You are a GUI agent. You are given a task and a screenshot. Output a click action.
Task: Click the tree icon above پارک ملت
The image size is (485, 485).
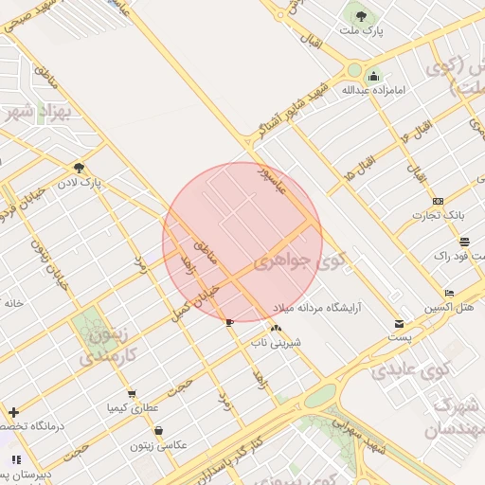[x=360, y=16]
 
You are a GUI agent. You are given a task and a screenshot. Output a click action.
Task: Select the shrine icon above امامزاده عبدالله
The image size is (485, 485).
[x=373, y=77]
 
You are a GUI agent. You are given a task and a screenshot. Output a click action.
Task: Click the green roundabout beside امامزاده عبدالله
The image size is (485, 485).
[x=354, y=69]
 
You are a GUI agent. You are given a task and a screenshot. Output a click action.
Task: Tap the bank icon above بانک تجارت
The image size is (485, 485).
[x=438, y=201]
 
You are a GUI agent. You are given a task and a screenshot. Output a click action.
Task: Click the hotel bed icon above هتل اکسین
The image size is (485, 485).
[x=449, y=293]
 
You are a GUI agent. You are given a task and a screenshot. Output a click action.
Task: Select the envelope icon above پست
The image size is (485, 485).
[x=400, y=324]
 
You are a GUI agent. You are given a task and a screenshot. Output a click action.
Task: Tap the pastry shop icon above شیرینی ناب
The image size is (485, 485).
[x=276, y=328]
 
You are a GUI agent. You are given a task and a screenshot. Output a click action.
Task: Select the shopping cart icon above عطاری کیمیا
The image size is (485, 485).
[x=131, y=393]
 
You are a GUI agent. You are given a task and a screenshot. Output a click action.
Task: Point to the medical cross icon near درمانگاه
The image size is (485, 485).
[x=13, y=412]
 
